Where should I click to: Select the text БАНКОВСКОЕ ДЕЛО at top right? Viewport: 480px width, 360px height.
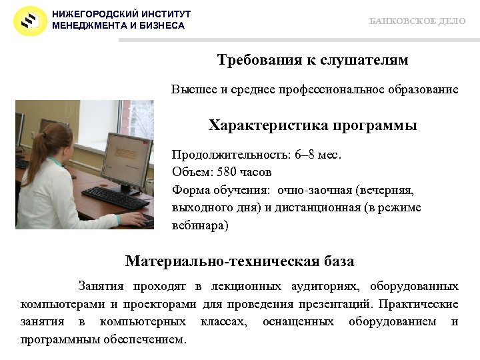(417, 21)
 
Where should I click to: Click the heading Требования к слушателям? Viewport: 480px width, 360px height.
(313, 61)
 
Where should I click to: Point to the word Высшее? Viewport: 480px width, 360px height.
(190, 89)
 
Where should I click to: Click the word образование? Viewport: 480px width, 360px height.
(419, 89)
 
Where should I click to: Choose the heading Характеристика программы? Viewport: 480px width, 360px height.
(313, 125)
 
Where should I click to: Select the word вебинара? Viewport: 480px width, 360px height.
(197, 225)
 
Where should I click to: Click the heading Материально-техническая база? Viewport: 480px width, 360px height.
(240, 261)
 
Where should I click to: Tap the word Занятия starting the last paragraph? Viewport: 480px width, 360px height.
(101, 287)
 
